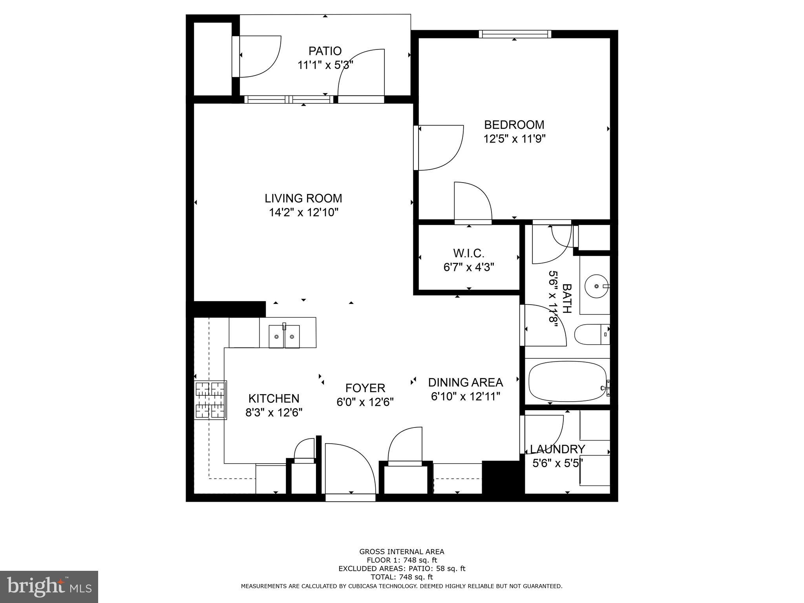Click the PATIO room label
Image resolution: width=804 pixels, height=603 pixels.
pyautogui.click(x=325, y=51)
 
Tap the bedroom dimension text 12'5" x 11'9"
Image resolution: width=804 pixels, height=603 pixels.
pyautogui.click(x=514, y=139)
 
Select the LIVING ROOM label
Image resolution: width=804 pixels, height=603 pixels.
pyautogui.click(x=303, y=198)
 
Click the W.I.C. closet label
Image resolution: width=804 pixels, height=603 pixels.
pyautogui.click(x=468, y=253)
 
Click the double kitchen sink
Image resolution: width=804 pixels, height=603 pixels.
pyautogui.click(x=284, y=336)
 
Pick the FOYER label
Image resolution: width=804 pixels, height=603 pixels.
pyautogui.click(x=365, y=388)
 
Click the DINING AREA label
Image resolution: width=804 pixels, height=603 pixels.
pyautogui.click(x=465, y=382)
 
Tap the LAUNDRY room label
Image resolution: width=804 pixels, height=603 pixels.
pyautogui.click(x=557, y=449)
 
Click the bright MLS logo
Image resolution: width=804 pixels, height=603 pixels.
pyautogui.click(x=49, y=587)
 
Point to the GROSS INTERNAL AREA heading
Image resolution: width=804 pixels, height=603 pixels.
pyautogui.click(x=402, y=552)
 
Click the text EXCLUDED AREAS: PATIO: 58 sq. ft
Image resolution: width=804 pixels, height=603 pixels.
pyautogui.click(x=402, y=568)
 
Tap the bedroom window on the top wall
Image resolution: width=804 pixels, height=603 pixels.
pyautogui.click(x=515, y=35)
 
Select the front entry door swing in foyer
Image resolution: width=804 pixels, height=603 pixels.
pyautogui.click(x=347, y=467)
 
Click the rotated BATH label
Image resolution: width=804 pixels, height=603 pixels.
pyautogui.click(x=566, y=298)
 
